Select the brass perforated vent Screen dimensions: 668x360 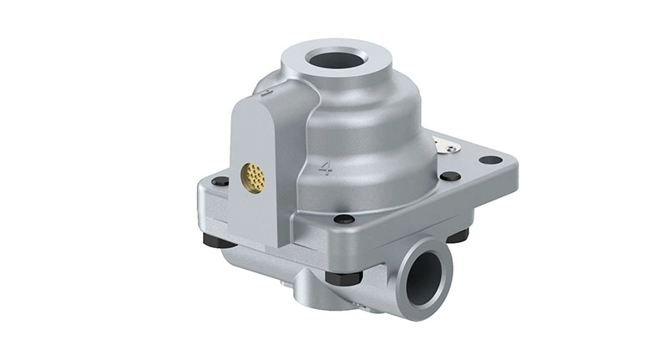click(253, 176)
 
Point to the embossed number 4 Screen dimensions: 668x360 click(326, 168)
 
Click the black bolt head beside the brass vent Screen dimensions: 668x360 click(220, 181)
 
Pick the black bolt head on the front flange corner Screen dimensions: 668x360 click(344, 219)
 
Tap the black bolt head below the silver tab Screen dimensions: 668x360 click(450, 176)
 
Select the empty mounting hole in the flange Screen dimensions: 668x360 click(490, 160)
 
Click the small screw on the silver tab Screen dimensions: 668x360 click(451, 149)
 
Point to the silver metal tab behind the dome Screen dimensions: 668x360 click(446, 145)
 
